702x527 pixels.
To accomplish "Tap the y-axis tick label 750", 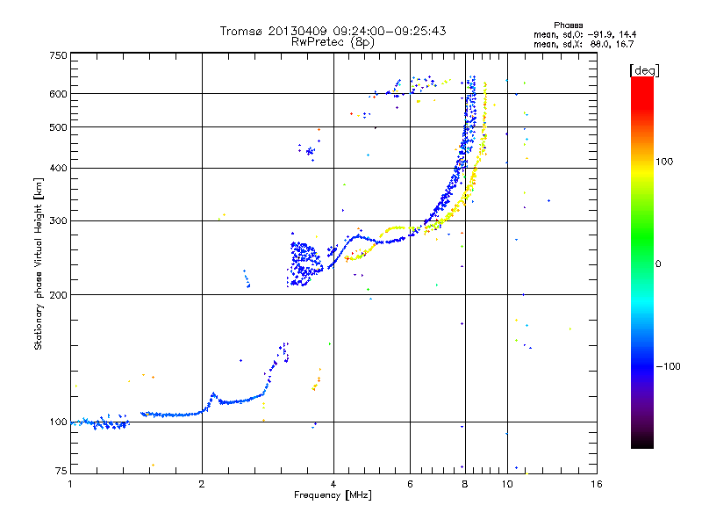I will pyautogui.click(x=59, y=55).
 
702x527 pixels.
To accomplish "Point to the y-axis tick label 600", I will pyautogui.click(x=59, y=94).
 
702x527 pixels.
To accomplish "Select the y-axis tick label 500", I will pyautogui.click(x=59, y=127).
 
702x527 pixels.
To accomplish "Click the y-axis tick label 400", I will pyautogui.click(x=59, y=168).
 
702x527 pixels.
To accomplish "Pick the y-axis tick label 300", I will pyautogui.click(x=59, y=220).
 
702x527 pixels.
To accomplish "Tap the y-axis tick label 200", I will pyautogui.click(x=59, y=294).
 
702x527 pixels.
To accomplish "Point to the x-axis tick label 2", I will pyautogui.click(x=202, y=484).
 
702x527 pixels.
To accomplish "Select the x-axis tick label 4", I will pyautogui.click(x=333, y=484).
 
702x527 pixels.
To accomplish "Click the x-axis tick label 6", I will pyautogui.click(x=411, y=484).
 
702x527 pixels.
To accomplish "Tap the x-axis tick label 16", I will pyautogui.click(x=596, y=484).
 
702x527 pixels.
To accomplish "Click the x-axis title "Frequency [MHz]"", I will pyautogui.click(x=333, y=495).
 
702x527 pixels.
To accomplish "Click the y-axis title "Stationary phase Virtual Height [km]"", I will pyautogui.click(x=39, y=264).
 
